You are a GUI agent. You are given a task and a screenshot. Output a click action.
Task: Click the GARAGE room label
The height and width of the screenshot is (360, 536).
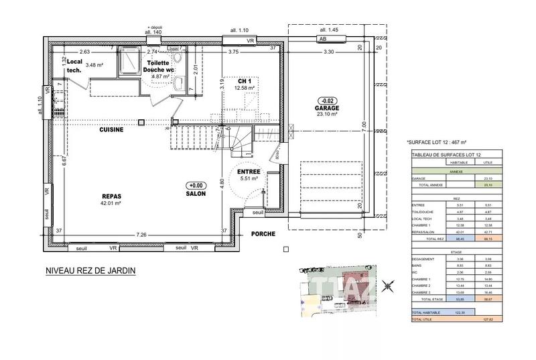click(328, 107)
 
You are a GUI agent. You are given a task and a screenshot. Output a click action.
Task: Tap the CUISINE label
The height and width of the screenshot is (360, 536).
click(111, 129)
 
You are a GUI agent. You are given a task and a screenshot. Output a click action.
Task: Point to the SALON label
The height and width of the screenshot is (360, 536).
click(196, 194)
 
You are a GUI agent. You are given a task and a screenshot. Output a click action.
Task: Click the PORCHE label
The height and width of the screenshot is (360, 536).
click(264, 235)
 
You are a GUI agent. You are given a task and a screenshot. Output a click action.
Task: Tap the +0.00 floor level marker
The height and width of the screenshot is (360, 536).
click(196, 186)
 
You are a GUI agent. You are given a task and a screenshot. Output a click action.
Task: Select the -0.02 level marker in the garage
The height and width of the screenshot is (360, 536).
click(328, 100)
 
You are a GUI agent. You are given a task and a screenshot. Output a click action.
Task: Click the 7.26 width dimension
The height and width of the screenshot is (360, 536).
click(141, 235)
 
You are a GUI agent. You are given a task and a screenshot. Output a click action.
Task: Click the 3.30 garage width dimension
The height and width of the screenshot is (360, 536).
click(328, 52)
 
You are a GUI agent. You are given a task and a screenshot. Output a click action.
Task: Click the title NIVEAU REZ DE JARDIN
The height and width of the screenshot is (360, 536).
click(90, 271)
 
